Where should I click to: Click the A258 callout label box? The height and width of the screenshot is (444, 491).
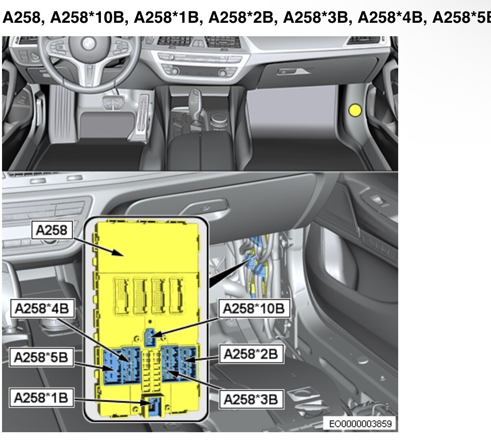click(x=52, y=230)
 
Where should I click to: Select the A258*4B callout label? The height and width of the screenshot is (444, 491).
click(x=42, y=308)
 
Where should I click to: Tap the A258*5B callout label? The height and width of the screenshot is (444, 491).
click(x=42, y=357)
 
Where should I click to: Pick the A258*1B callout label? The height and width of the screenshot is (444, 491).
click(x=42, y=398)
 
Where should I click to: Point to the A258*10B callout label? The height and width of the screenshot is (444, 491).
click(x=254, y=308)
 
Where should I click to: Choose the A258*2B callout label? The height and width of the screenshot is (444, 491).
click(x=251, y=354)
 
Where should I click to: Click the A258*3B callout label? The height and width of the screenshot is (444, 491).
click(x=251, y=399)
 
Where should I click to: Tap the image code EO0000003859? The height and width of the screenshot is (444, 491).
click(x=360, y=423)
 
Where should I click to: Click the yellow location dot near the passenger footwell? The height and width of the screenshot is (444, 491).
click(x=355, y=110)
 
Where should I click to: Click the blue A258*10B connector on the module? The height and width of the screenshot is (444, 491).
click(x=150, y=337)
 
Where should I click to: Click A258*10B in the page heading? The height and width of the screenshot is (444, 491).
click(x=87, y=17)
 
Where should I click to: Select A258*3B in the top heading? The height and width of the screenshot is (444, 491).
click(x=316, y=17)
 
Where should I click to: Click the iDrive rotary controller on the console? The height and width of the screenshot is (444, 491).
click(x=219, y=119)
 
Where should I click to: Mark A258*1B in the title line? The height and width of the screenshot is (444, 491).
click(x=167, y=17)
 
